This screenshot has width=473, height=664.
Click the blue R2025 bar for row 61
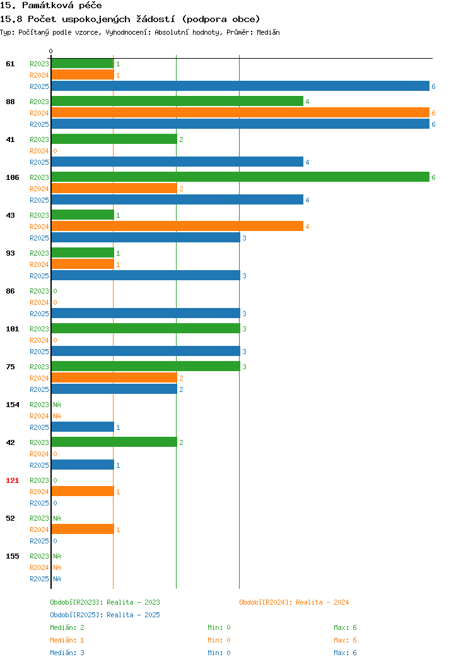(240, 86)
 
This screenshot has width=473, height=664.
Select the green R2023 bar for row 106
(240, 177)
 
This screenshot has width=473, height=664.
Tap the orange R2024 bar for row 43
(177, 226)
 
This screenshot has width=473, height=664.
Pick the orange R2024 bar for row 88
(240, 112)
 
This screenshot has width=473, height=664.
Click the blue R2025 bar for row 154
(83, 427)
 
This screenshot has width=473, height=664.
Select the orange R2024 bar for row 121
(83, 491)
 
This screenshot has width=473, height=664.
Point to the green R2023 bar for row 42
(114, 442)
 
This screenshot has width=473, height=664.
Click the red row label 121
(12, 480)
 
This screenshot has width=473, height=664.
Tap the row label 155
(12, 556)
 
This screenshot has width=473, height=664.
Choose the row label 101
(12, 329)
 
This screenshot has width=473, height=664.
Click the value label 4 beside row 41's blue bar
(307, 162)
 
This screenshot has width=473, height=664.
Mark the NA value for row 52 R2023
(57, 518)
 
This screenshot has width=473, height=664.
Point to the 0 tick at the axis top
(51, 51)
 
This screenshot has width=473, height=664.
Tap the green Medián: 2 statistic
(67, 627)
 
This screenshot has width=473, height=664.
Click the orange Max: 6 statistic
(345, 640)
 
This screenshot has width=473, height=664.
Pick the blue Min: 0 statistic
(219, 653)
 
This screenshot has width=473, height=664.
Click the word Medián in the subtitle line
(268, 32)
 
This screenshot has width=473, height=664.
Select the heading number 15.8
(11, 19)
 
